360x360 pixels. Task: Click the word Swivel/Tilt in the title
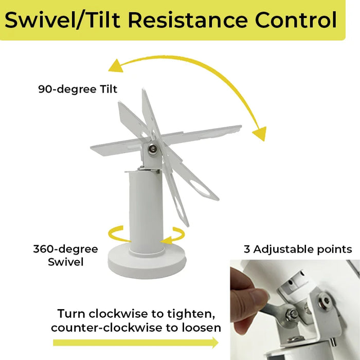point(62,20)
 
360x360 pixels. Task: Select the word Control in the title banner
point(296,20)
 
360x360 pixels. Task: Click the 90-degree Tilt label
point(78,89)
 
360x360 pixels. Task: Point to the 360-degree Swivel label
point(66,255)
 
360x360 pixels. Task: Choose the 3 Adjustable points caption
point(298,249)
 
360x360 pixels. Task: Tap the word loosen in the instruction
point(202,328)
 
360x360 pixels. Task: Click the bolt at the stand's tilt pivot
point(152,149)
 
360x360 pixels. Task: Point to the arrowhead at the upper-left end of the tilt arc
point(116,66)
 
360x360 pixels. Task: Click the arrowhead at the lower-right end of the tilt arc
point(260,133)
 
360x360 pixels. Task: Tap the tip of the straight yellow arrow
point(219,343)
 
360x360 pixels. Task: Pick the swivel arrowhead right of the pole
point(166,241)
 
